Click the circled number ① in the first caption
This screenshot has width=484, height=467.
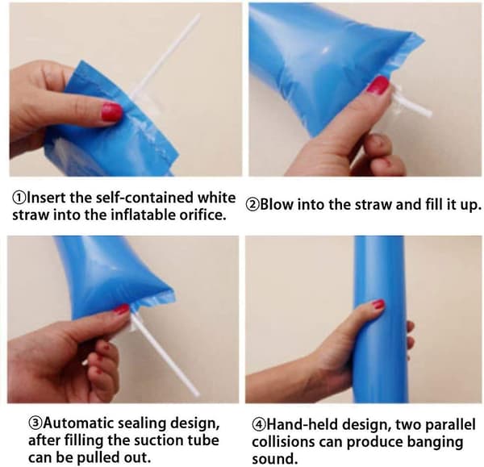(x=19, y=198)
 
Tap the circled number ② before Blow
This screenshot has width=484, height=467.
(x=252, y=205)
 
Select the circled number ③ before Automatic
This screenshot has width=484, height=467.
(x=35, y=423)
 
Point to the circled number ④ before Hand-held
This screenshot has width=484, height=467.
(x=259, y=425)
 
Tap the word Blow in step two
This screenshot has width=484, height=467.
(x=277, y=204)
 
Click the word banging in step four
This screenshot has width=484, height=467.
(x=436, y=443)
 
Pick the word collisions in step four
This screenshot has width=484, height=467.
(x=284, y=442)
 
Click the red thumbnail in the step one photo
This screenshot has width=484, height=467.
(x=111, y=112)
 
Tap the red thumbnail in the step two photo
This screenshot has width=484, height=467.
(x=378, y=85)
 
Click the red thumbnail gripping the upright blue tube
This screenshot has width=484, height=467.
(x=378, y=304)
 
